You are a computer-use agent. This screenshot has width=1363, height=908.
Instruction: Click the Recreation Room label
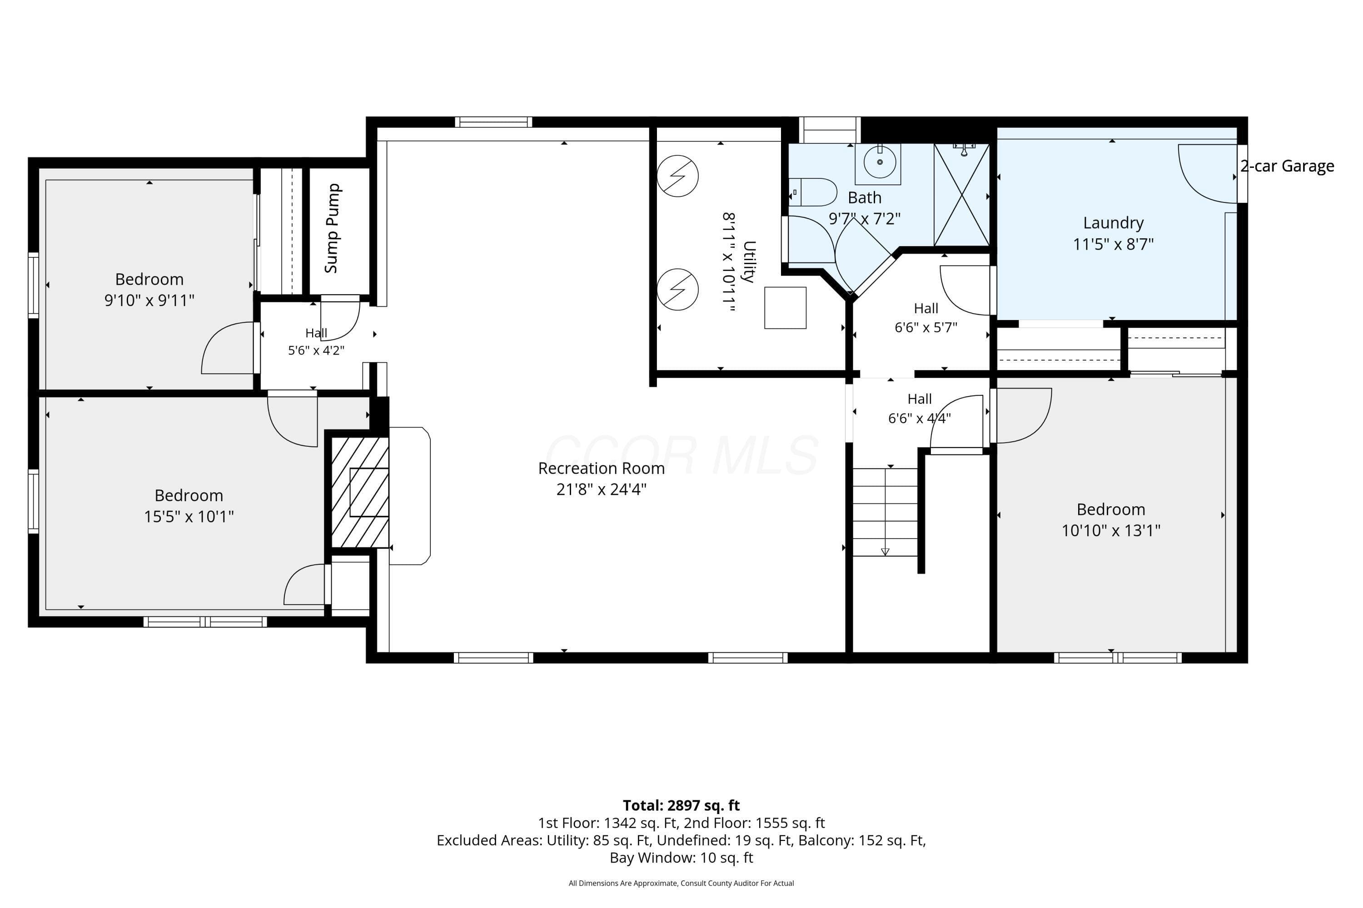pos(601,468)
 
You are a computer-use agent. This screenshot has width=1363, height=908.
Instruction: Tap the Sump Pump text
pos(332,228)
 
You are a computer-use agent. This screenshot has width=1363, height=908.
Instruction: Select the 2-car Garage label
pos(1287,166)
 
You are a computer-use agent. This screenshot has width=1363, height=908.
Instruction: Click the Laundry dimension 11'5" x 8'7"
pos(1113,244)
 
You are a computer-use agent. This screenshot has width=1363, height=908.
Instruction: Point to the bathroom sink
pos(880,162)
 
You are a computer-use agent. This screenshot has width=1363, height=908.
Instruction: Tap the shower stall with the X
pos(961,195)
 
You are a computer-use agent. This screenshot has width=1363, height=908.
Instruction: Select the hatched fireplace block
pos(360,492)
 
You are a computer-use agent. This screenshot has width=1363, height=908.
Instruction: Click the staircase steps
pos(885,512)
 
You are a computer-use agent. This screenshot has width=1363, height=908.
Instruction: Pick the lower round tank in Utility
pos(677,290)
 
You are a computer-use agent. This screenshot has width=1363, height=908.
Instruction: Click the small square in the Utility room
pos(785,308)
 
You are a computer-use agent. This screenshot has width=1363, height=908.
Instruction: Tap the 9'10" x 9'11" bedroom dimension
pos(149,301)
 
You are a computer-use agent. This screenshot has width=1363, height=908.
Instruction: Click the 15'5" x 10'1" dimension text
pos(189,517)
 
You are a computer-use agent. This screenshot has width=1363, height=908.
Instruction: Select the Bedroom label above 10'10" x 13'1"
pos(1111,509)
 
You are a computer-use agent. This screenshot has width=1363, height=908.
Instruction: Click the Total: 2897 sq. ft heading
pos(681,805)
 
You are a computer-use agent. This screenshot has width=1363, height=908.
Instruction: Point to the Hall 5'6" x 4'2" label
pos(316,342)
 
